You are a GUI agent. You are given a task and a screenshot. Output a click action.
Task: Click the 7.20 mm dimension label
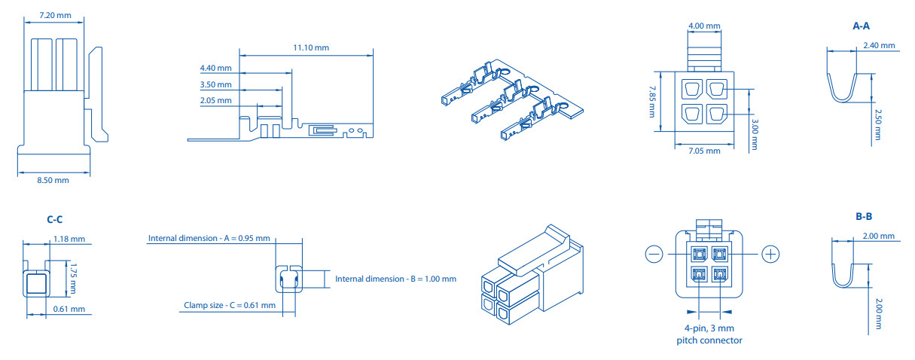click(x=55, y=16)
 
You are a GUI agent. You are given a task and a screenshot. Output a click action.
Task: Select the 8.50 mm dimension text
click(x=53, y=180)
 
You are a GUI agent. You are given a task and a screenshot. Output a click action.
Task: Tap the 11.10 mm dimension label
click(x=311, y=47)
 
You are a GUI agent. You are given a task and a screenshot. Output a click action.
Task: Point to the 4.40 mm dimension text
click(x=215, y=69)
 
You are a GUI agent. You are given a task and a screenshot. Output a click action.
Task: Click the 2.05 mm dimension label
click(x=215, y=100)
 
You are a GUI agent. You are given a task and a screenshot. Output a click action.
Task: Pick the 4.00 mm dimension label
click(x=704, y=26)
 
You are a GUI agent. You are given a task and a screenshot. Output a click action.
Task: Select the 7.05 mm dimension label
click(x=704, y=151)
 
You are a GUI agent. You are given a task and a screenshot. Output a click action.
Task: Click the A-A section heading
click(x=861, y=26)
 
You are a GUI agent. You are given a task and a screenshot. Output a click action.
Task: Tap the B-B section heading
click(x=864, y=217)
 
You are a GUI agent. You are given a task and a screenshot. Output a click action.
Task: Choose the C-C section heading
click(x=55, y=220)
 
